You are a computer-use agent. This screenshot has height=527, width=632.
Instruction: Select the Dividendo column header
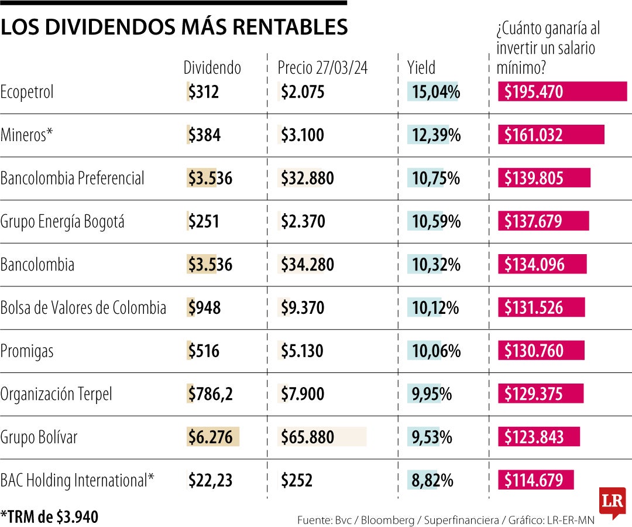pos(212,68)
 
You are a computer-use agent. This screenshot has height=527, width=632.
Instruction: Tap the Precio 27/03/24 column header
pos(322,68)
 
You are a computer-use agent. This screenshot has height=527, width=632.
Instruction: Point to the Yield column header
pos(421,68)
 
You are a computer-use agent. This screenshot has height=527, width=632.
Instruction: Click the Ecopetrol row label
pos(27,92)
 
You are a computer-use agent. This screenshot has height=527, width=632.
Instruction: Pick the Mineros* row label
pos(27,135)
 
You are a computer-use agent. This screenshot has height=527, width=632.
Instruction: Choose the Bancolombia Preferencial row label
pos(72,178)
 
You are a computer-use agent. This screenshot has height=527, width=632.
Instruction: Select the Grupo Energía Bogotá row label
pos(62,221)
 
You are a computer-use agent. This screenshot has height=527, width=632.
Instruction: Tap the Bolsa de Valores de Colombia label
pos(83,307)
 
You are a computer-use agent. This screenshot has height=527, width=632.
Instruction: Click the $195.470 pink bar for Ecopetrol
pos(562,92)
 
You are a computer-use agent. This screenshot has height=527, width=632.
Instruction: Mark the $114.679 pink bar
pos(535,480)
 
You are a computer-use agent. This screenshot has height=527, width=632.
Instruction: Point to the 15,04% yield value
pos(435,92)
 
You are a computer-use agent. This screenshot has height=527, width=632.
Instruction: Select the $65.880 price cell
pos(308,437)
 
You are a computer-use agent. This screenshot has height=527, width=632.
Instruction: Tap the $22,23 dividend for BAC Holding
pos(210,480)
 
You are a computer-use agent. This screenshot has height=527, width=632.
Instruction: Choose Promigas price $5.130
pos(303,351)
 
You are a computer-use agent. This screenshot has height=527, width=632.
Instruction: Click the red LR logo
pos(612,502)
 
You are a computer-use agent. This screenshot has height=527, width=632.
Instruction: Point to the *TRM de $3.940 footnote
pos(50,516)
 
